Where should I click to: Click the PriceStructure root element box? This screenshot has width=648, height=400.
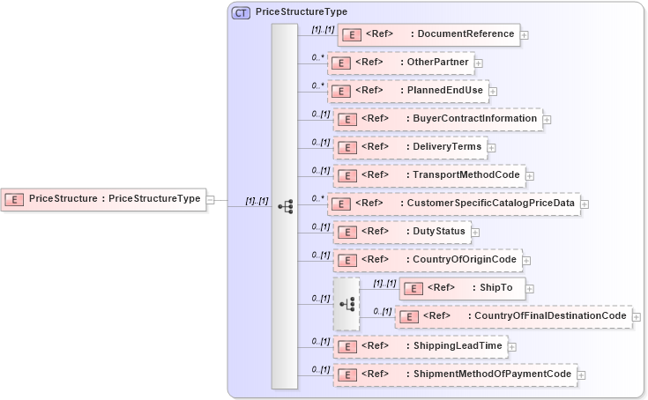(x=102, y=199)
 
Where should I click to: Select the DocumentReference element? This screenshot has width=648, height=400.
(x=428, y=34)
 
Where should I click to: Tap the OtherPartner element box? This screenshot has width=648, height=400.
(x=401, y=63)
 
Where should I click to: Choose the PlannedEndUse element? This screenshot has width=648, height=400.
(x=407, y=91)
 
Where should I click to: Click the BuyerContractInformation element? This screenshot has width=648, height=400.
(x=437, y=119)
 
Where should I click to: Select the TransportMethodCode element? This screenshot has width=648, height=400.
(x=428, y=175)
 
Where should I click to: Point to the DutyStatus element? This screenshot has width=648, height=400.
(x=401, y=232)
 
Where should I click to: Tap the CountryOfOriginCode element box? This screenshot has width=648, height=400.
(x=427, y=260)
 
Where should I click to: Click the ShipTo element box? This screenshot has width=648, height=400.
(x=462, y=288)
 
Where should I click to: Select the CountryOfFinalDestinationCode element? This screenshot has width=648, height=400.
(x=513, y=316)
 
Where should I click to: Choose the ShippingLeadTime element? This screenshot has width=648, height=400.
(x=420, y=346)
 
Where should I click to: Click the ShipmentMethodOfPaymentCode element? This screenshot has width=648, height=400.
(x=454, y=374)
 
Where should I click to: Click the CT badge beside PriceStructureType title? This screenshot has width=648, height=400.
(x=241, y=13)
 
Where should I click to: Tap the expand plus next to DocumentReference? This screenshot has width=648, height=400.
(x=525, y=35)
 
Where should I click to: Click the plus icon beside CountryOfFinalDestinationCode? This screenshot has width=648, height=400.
(x=637, y=317)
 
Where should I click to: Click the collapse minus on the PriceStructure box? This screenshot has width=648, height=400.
(x=210, y=200)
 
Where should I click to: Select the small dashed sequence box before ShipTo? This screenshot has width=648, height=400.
(x=346, y=303)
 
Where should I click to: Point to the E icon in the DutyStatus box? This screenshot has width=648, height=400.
(x=347, y=233)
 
